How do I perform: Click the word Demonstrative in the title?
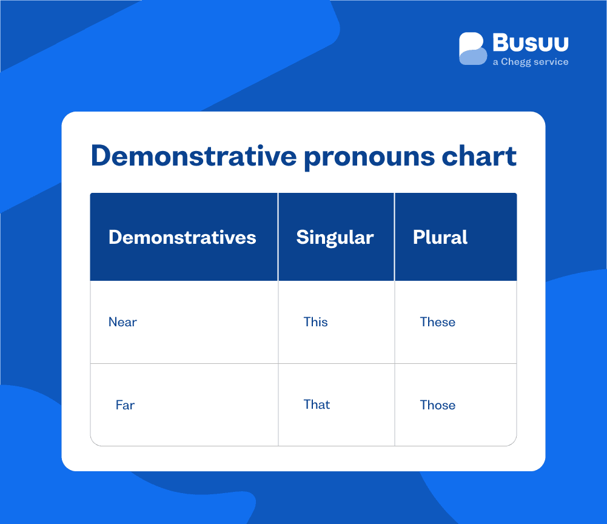click(x=193, y=156)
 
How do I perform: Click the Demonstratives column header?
click(x=182, y=237)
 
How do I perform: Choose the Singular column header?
click(x=335, y=238)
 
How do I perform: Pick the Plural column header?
click(x=440, y=237)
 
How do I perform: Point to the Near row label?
click(x=122, y=322)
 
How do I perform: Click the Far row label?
click(x=125, y=405)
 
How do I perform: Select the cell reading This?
click(x=315, y=322)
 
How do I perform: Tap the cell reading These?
click(x=437, y=322)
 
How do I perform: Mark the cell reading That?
click(x=317, y=405)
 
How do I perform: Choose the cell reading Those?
click(x=437, y=405)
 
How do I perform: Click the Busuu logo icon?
click(x=473, y=49)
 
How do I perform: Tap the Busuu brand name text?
click(x=531, y=43)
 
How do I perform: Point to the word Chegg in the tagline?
click(x=515, y=62)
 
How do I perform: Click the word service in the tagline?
click(x=551, y=62)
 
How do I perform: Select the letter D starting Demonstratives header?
click(x=115, y=237)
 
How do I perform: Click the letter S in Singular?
click(x=302, y=237)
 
